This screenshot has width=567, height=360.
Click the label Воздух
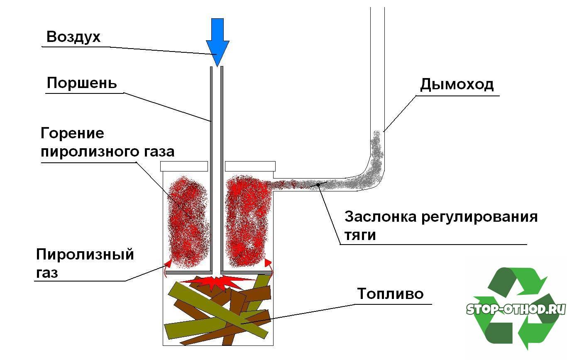tap(73, 37)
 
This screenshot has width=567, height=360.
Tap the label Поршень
tap(82, 83)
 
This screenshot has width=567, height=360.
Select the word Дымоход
tap(457, 84)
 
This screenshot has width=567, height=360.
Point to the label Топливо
tap(390, 294)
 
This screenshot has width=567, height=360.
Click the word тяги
tap(360, 235)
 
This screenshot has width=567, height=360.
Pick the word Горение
tap(72, 134)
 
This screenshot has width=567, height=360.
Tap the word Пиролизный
tap(85, 254)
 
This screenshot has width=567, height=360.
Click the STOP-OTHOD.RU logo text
tap(516, 309)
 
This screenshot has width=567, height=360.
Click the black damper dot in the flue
tap(318, 184)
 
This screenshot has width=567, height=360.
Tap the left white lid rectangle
tap(184, 166)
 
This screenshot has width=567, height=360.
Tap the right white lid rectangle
tap(250, 166)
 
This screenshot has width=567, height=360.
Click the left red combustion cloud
tap(187, 222)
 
